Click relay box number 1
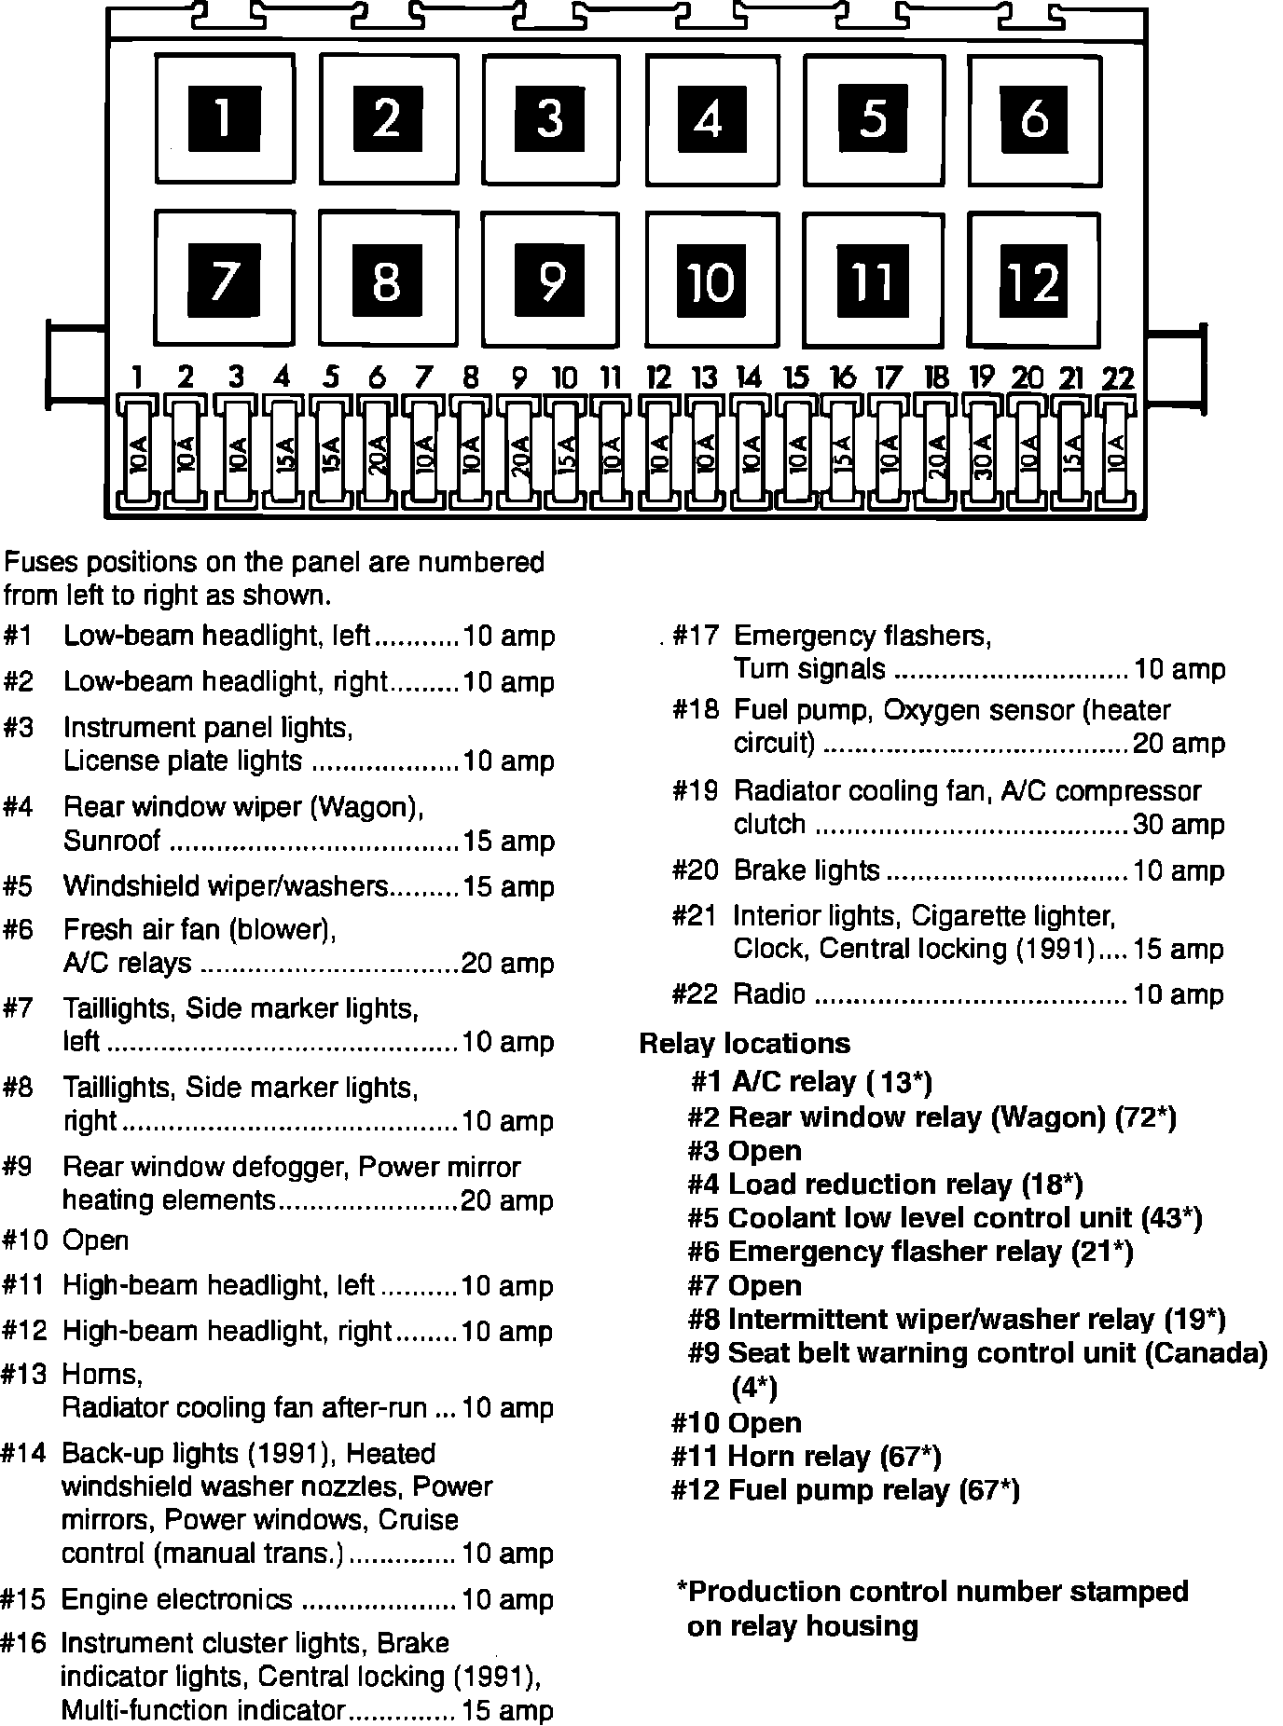(224, 117)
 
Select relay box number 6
(1034, 117)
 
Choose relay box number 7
(224, 278)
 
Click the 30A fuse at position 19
(981, 455)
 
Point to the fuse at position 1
(137, 455)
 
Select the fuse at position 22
(1116, 455)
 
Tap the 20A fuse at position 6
(377, 455)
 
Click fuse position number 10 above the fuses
(564, 378)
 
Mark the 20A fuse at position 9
(519, 455)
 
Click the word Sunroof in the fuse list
(112, 841)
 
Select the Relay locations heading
(744, 1043)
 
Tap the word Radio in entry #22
(769, 994)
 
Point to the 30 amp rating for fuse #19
(1178, 825)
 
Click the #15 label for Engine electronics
(23, 1599)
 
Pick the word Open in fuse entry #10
(95, 1240)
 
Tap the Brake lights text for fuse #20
(807, 870)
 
